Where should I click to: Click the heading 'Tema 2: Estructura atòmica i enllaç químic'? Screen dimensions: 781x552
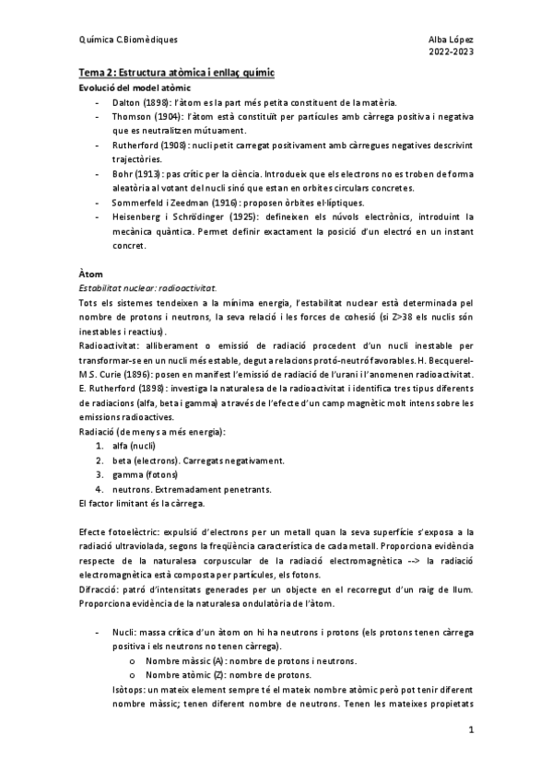(x=175, y=72)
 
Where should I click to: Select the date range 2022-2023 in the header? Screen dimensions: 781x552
(x=452, y=53)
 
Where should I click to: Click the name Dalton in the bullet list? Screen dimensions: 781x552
(x=128, y=101)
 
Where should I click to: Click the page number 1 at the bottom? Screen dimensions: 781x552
(x=470, y=730)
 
